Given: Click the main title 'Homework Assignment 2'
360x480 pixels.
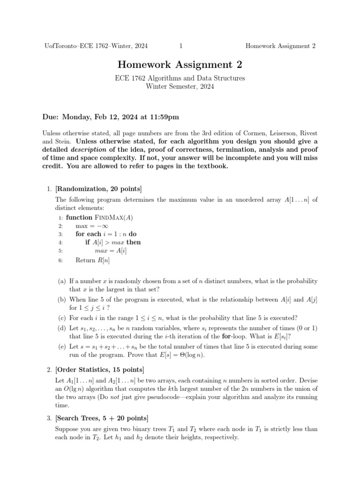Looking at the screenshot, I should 180,65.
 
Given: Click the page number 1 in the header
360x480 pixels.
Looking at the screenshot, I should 181,46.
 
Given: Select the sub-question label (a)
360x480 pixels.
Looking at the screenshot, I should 62,282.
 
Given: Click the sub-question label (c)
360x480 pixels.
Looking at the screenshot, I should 62,318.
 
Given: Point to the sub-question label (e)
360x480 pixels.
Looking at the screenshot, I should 62,347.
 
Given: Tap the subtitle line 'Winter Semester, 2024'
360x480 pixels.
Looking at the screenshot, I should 180,87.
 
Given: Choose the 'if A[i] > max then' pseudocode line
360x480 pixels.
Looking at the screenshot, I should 112,242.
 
